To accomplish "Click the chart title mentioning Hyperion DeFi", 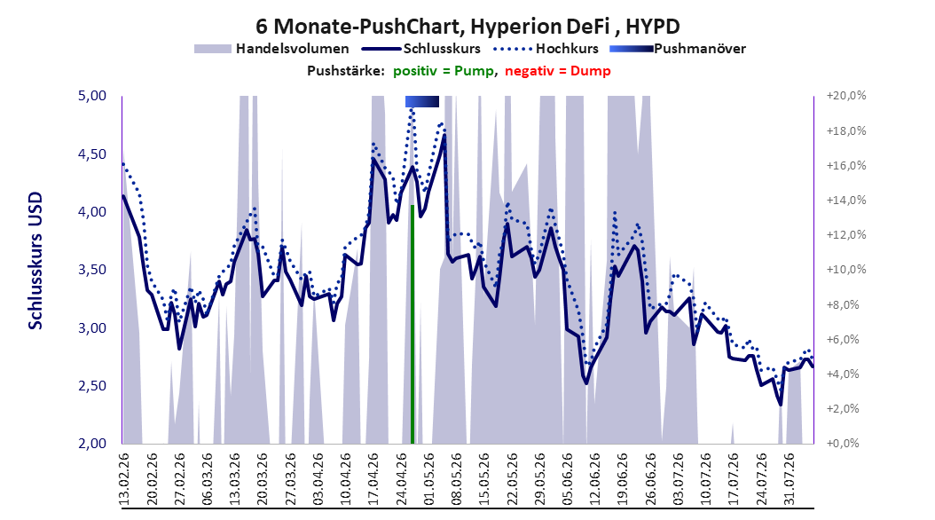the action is [x=467, y=27].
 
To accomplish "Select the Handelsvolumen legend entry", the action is [x=272, y=49].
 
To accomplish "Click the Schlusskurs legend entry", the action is [x=421, y=49].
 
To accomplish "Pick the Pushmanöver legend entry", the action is [x=678, y=49].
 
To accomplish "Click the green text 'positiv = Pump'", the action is [x=443, y=71].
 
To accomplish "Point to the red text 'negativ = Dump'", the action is [x=558, y=71].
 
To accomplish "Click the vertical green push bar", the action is [x=412, y=325].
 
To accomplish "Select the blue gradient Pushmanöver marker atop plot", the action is [x=422, y=101].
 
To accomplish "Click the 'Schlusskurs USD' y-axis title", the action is [x=35, y=260].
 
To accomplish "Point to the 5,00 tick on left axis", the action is [x=92, y=96].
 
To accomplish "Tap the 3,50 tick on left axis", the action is [x=92, y=270].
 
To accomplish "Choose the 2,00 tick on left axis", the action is [x=92, y=444].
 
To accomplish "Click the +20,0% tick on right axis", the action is [x=846, y=96].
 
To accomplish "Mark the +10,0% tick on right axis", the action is [x=846, y=270].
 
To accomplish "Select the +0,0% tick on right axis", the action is [x=843, y=444].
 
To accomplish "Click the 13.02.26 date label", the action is [x=124, y=479].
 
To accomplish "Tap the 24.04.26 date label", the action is [x=401, y=479].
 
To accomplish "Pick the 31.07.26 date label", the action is [x=789, y=479].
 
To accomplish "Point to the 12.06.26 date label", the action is [x=594, y=479].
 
